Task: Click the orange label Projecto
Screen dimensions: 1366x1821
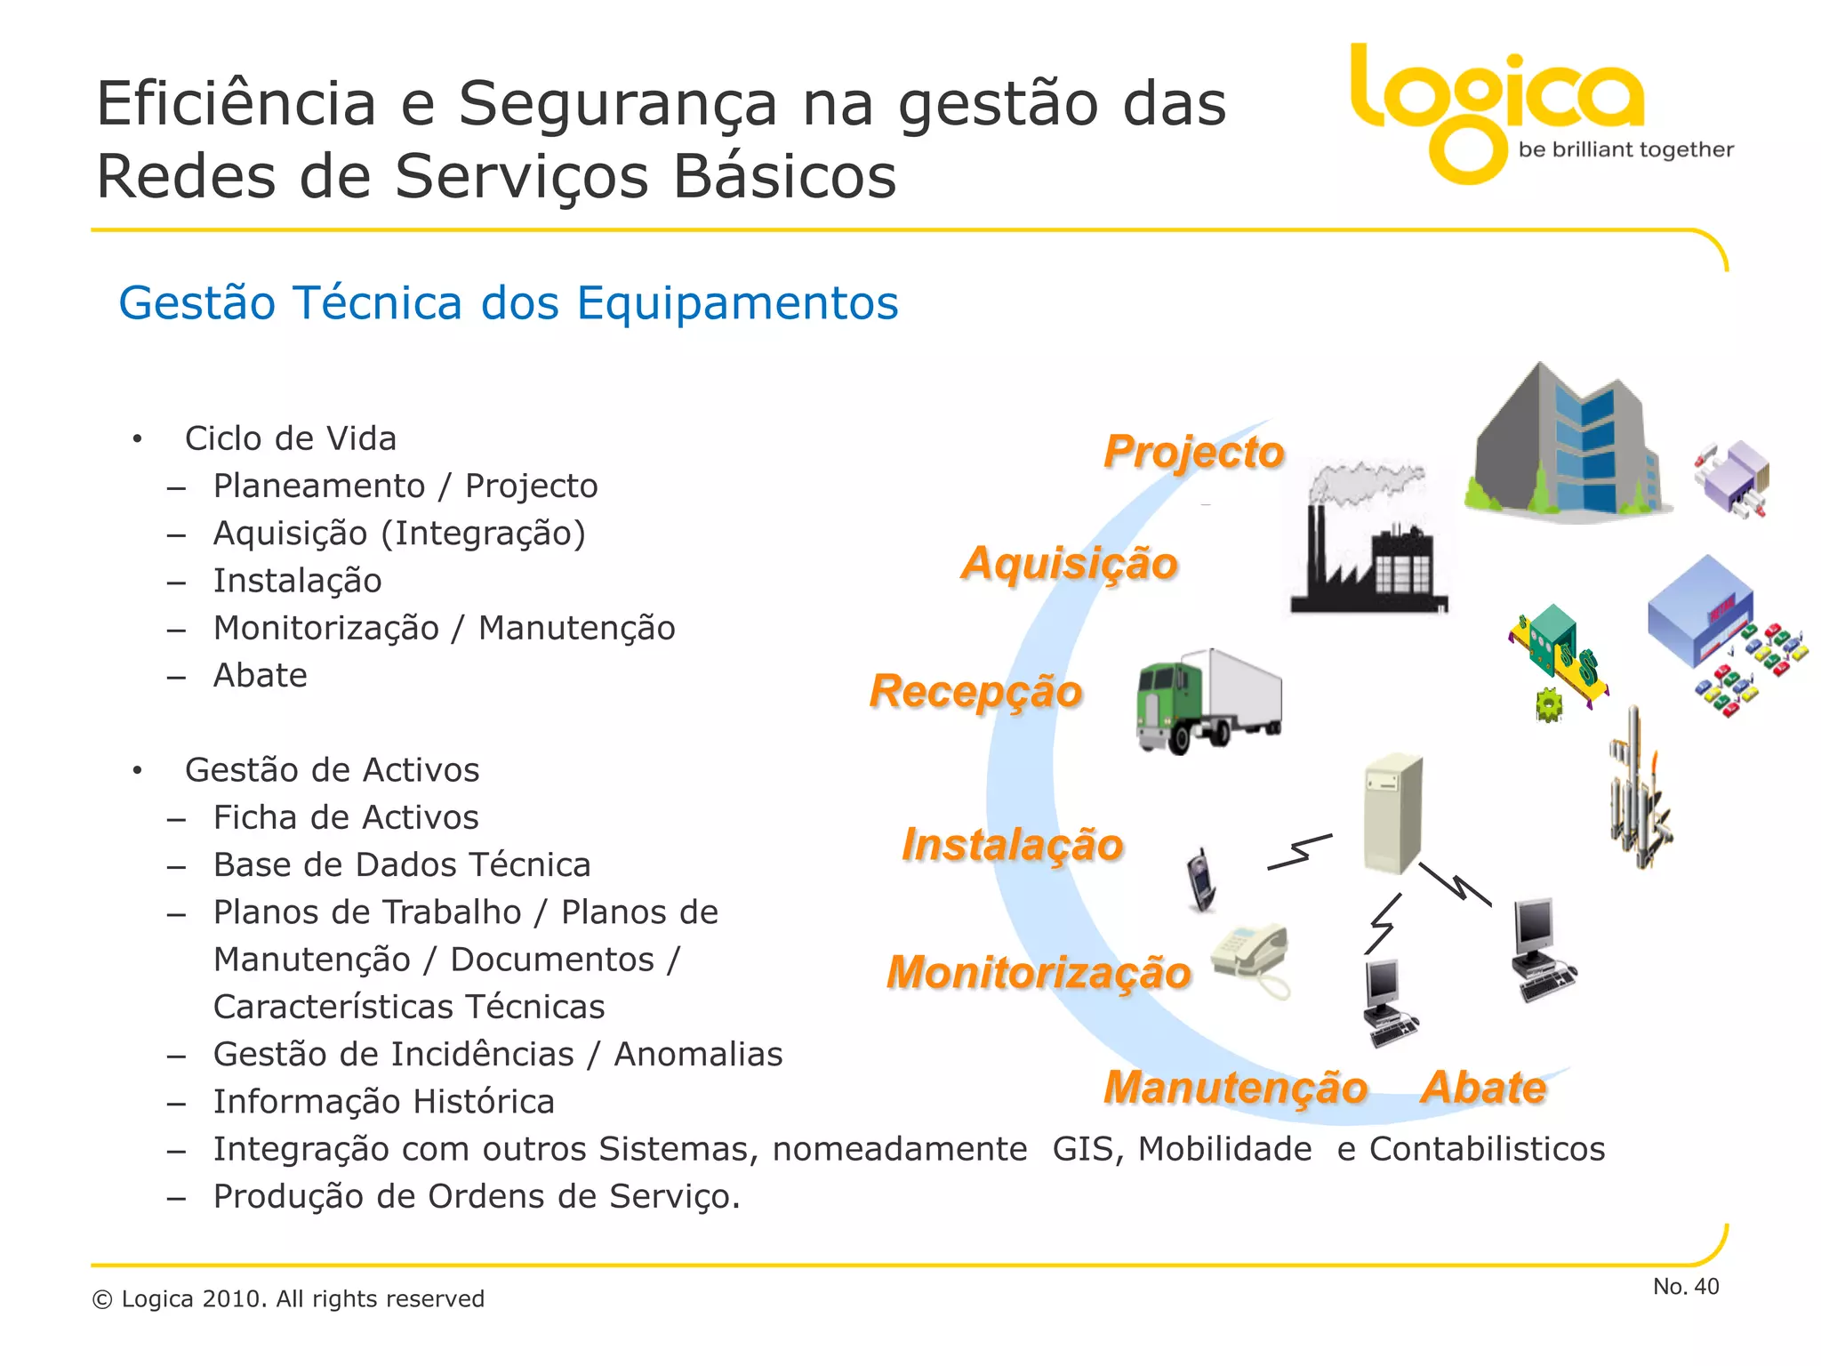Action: click(1194, 452)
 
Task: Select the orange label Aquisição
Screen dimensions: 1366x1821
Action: click(1070, 563)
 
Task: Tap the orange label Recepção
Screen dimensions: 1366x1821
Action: click(975, 691)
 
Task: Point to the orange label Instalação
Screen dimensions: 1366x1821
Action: click(1013, 844)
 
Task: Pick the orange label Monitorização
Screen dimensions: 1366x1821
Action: click(1039, 972)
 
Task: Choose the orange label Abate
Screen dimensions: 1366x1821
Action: click(1483, 1088)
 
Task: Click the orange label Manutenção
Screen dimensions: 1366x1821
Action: click(1235, 1088)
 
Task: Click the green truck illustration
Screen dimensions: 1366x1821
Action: click(1207, 703)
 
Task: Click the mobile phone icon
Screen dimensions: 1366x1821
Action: click(1201, 880)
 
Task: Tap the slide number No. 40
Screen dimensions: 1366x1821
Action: click(1685, 1286)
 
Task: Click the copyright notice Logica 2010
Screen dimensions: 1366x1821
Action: click(288, 1299)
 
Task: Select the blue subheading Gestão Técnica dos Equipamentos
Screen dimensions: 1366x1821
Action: click(508, 303)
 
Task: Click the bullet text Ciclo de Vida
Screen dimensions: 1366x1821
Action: click(290, 438)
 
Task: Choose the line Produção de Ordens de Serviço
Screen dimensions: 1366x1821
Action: click(477, 1197)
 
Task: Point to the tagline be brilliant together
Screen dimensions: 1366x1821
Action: click(1625, 149)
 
